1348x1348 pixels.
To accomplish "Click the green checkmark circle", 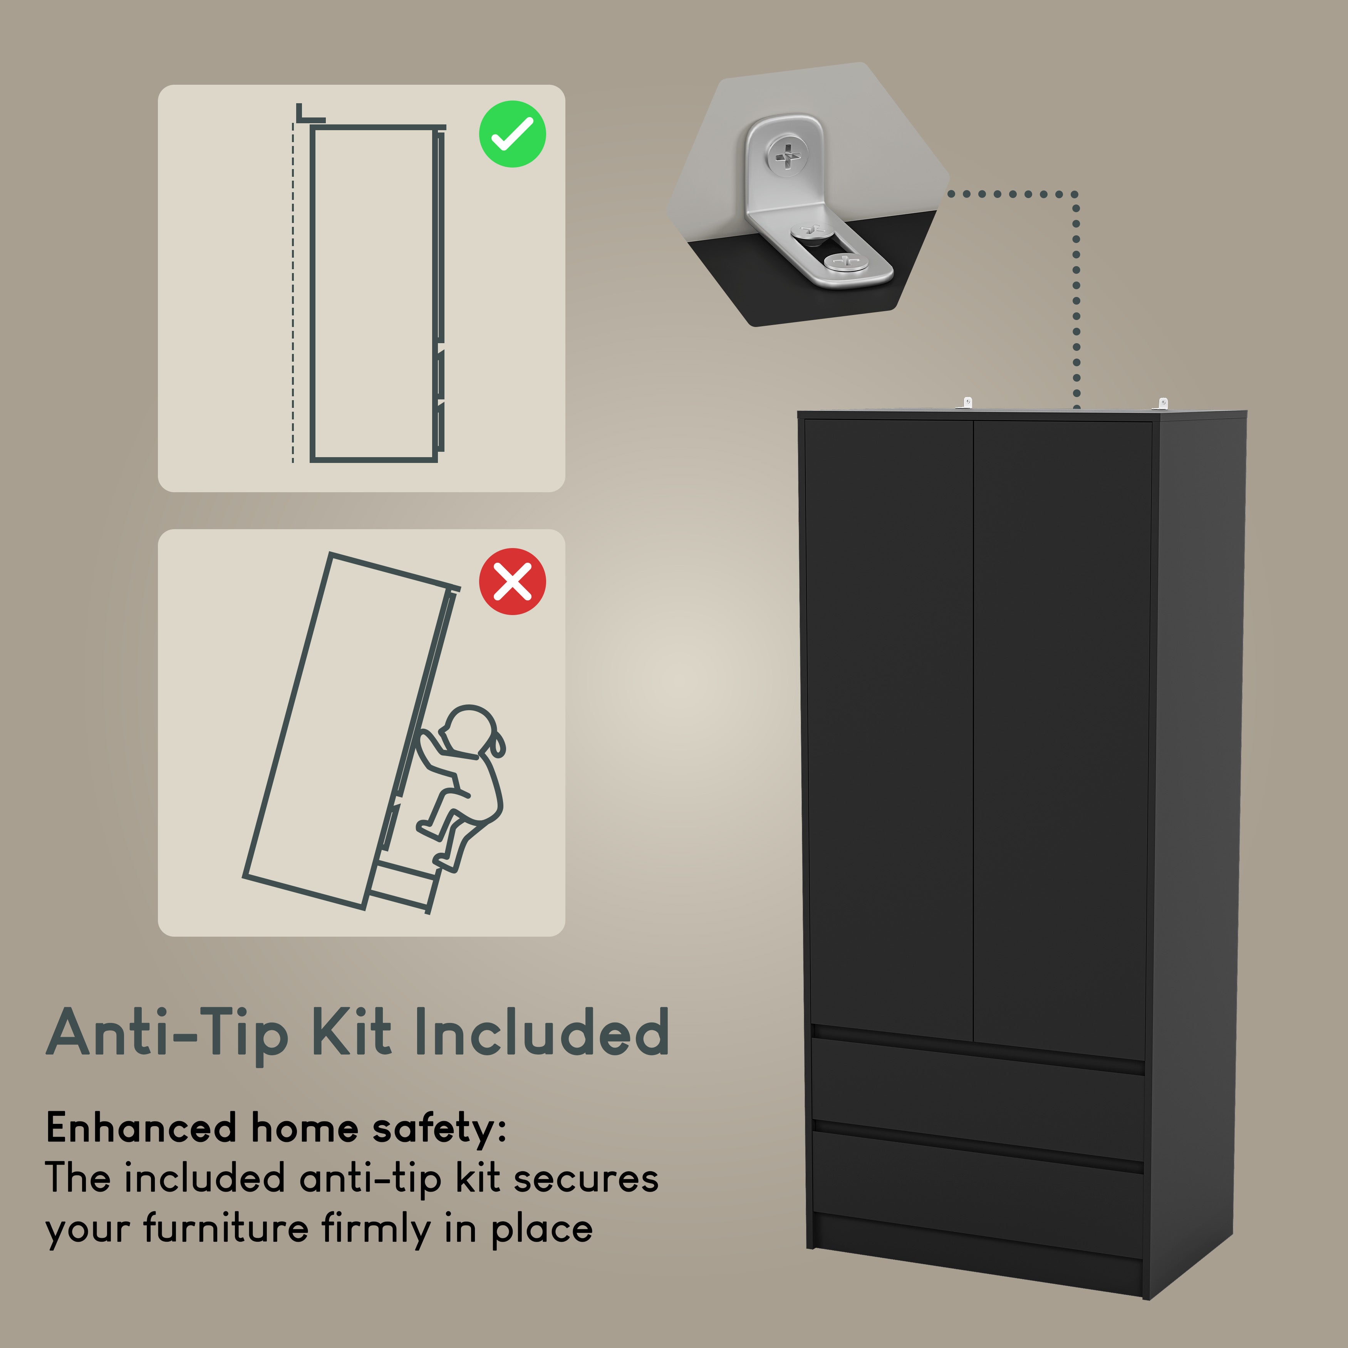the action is coord(512,134).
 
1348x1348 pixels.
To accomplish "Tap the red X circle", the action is coord(512,581).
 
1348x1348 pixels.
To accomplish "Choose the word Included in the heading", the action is coord(542,1032).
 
